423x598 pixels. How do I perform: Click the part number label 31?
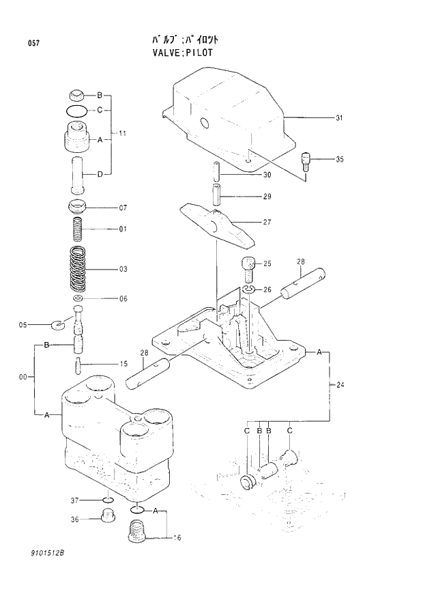tap(338, 119)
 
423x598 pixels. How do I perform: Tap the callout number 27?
tap(267, 221)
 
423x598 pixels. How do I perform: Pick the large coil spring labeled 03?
tap(80, 269)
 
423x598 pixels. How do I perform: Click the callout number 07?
tap(123, 207)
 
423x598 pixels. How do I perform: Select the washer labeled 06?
tap(78, 298)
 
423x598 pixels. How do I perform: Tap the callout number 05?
tap(23, 325)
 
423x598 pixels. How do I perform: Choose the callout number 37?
tap(76, 500)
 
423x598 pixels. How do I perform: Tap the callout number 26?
tap(267, 289)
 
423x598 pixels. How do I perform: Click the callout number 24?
tap(340, 386)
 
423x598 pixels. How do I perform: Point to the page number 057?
tap(33, 44)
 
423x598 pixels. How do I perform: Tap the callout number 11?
tap(123, 132)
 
